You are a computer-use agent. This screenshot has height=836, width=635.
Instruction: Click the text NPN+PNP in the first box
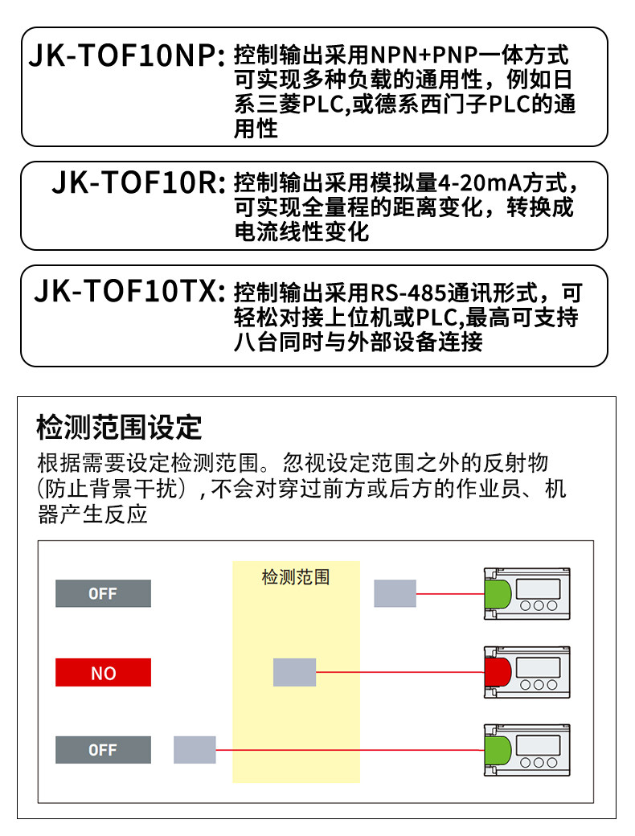[x=424, y=55]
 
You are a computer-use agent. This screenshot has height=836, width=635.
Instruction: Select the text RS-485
[x=408, y=293]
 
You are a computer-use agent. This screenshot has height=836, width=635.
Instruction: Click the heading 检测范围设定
[x=120, y=427]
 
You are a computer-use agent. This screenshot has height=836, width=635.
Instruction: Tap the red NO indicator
[x=104, y=672]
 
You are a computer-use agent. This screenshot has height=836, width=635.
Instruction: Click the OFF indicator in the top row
[x=104, y=593]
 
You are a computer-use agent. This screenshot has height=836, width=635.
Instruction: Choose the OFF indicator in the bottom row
[x=104, y=750]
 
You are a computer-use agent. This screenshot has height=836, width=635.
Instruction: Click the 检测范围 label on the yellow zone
[x=296, y=577]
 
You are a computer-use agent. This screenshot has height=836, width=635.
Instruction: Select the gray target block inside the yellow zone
[x=295, y=672]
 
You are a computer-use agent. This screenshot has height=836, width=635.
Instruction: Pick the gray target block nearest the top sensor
[x=395, y=593]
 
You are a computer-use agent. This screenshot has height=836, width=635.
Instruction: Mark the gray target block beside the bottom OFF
[x=195, y=750]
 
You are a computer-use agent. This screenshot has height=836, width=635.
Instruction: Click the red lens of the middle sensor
[x=498, y=672]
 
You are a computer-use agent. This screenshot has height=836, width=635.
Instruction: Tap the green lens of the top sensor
[x=498, y=593]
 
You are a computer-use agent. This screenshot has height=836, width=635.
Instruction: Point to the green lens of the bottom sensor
[x=498, y=750]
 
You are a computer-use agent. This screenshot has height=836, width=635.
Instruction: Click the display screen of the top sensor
[x=539, y=588]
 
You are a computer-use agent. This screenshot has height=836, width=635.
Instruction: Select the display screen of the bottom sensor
[x=539, y=745]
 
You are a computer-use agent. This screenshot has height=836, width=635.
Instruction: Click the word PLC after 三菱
[x=322, y=104]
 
